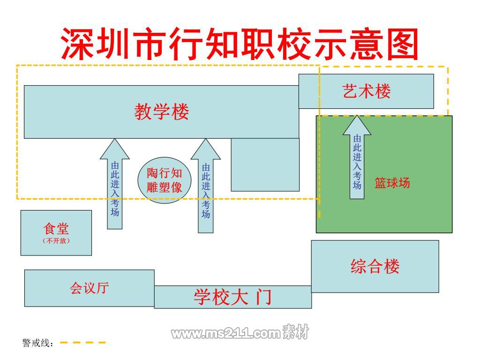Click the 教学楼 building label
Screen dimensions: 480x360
pos(162,112)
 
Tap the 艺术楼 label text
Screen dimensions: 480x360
pos(367,91)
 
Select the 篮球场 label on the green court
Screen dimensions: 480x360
pos(392,183)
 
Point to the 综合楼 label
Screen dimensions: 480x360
pos(375,266)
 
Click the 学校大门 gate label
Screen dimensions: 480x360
pos(232,297)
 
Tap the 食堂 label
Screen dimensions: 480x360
pos(56,228)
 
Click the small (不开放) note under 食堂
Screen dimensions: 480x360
pos(56,240)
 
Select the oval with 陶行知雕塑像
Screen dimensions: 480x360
pos(165,180)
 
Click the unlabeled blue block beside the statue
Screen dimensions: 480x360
pos(265,165)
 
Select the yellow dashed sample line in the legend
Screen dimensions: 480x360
pos(82,343)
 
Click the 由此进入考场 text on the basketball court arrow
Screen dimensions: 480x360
pos(357,162)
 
